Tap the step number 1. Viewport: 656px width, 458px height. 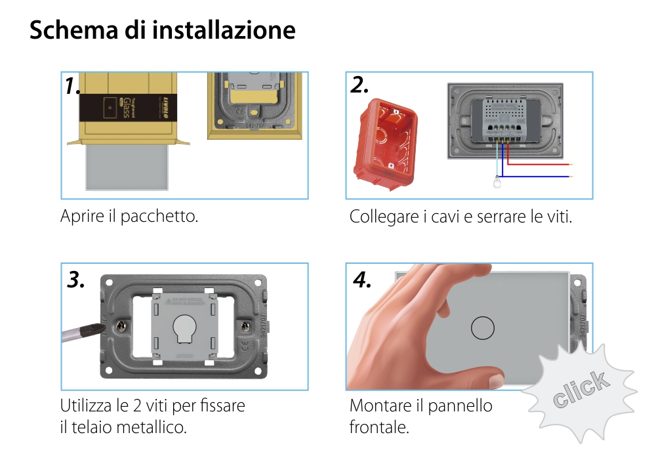tap(73, 86)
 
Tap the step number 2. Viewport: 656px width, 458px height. tap(359, 85)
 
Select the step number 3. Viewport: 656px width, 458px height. tap(76, 280)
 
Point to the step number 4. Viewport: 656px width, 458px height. tap(362, 280)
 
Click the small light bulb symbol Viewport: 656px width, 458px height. tap(497, 183)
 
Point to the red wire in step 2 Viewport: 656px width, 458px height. tap(538, 165)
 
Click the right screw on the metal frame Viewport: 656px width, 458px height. tap(246, 325)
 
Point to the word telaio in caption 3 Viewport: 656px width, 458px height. tap(91, 428)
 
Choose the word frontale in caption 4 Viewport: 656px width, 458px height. tap(379, 428)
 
